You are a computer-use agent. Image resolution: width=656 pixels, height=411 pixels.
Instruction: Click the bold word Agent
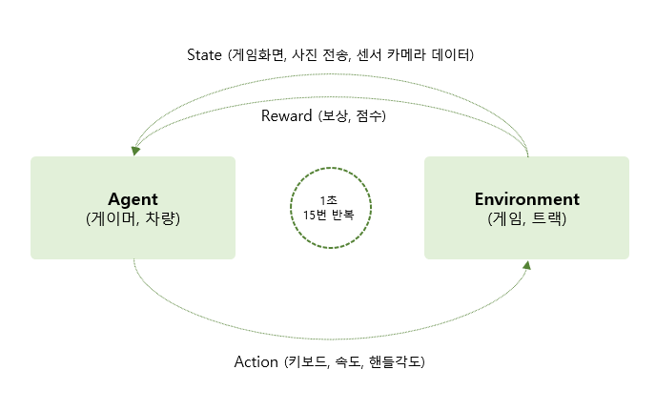[x=133, y=199]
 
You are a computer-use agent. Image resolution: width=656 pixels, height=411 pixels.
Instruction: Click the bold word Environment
[x=526, y=199]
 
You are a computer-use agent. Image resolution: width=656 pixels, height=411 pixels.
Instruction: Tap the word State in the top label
[x=205, y=53]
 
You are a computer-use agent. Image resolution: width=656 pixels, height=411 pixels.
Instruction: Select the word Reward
[x=287, y=116]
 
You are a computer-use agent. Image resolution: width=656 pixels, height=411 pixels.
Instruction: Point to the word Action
[x=256, y=362]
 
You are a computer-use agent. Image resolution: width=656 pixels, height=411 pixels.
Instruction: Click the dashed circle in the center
[x=330, y=207]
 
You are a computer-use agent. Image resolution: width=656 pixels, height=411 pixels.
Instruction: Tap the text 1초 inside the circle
[x=329, y=199]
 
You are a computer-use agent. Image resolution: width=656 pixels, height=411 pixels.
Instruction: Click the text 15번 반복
[x=329, y=216]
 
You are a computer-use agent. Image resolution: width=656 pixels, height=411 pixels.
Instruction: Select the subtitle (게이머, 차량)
[x=133, y=219]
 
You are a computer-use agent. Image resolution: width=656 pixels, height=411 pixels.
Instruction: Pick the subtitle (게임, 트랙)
[x=526, y=219]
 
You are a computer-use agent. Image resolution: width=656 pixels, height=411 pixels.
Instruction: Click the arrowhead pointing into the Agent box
[x=135, y=150]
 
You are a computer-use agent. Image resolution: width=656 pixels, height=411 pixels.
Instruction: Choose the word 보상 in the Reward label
[x=335, y=116]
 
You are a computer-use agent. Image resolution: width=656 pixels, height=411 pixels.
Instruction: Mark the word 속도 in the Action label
[x=351, y=362]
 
